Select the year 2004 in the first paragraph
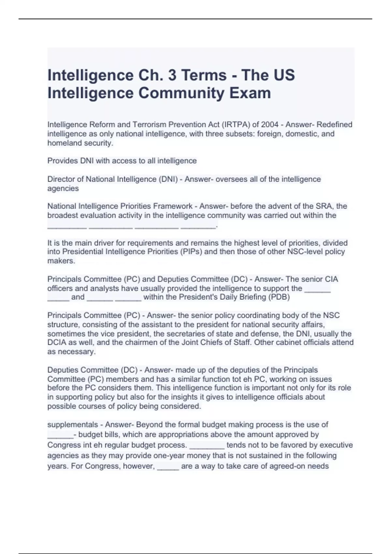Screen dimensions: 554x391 [269, 124]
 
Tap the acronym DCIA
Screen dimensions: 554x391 [57, 343]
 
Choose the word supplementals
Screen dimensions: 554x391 [73, 425]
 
